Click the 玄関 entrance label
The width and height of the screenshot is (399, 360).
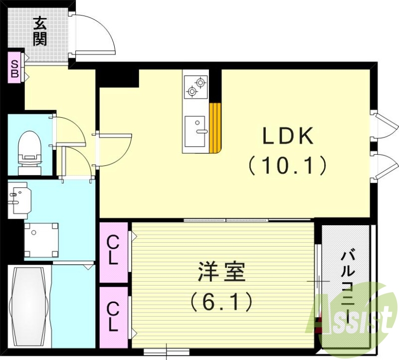click(40, 31)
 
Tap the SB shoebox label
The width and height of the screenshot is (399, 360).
click(15, 69)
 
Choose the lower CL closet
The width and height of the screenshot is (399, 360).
click(114, 318)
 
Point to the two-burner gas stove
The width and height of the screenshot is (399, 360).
click(195, 86)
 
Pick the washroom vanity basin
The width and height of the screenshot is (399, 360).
click(19, 199)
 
